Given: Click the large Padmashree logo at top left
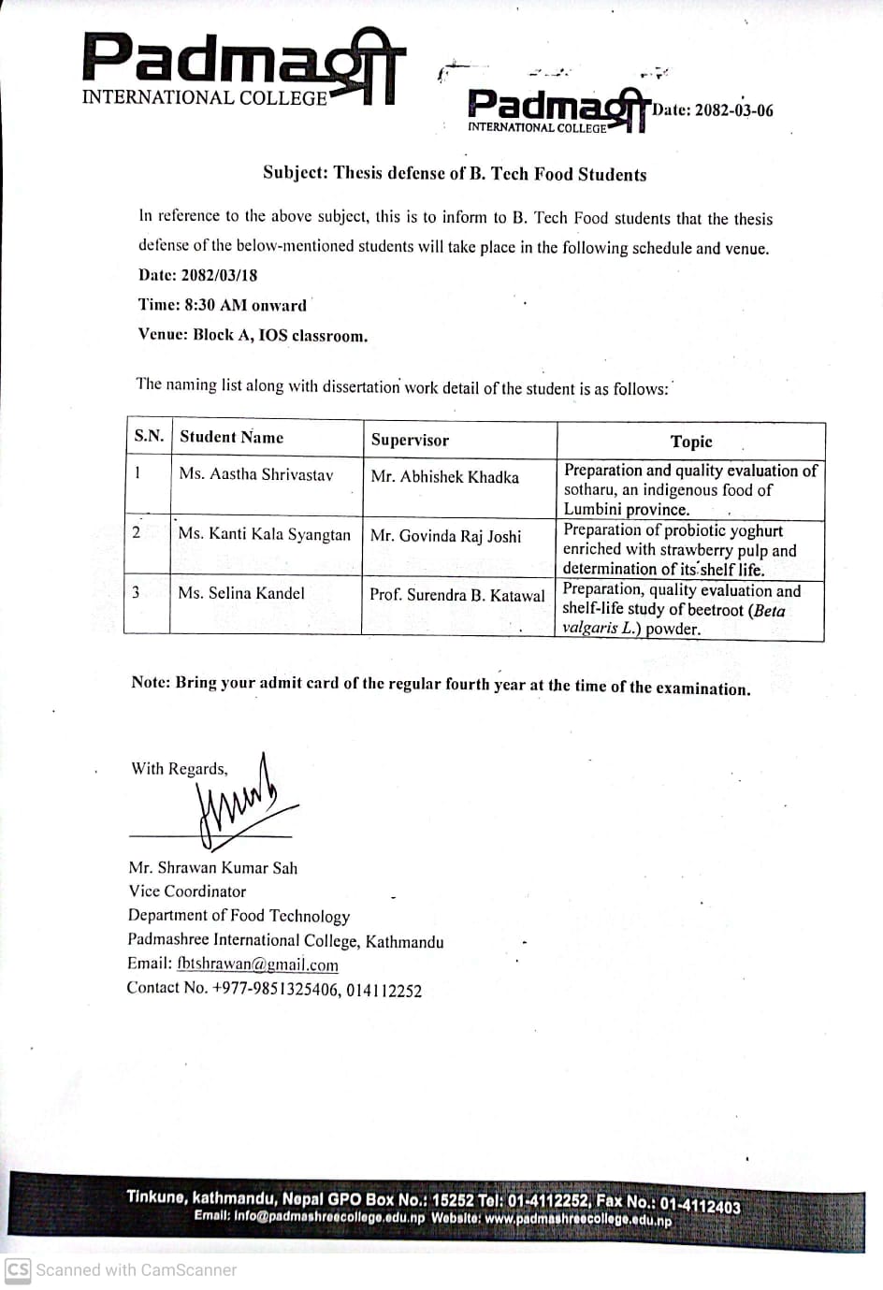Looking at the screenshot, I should pyautogui.click(x=243, y=68).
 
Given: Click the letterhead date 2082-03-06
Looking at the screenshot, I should pyautogui.click(x=713, y=109).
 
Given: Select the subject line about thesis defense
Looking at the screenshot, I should pyautogui.click(x=455, y=173).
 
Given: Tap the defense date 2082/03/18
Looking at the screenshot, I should pyautogui.click(x=197, y=275).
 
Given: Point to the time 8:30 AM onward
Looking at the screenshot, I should pyautogui.click(x=222, y=305).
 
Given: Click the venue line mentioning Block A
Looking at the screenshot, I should pyautogui.click(x=253, y=335).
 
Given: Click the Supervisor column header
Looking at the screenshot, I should pyautogui.click(x=410, y=440).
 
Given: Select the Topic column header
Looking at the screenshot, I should pyautogui.click(x=691, y=442).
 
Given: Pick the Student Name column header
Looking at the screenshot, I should pyautogui.click(x=231, y=437).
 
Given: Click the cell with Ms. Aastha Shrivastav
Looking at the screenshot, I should pyautogui.click(x=255, y=474).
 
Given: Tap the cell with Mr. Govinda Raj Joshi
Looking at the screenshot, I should pyautogui.click(x=445, y=536).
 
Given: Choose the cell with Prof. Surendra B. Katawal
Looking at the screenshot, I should pyautogui.click(x=456, y=595).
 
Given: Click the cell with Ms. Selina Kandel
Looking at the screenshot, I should pyautogui.click(x=241, y=593).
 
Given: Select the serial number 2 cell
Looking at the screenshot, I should pyautogui.click(x=137, y=532).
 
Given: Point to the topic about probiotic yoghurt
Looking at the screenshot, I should pyautogui.click(x=680, y=549).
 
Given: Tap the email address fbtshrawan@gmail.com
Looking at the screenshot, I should pyautogui.click(x=257, y=964).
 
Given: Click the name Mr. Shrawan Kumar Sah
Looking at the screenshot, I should pyautogui.click(x=213, y=867).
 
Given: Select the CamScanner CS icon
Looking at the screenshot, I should pyautogui.click(x=18, y=1269).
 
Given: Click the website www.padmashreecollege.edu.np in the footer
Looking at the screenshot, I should pyautogui.click(x=578, y=1219).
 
